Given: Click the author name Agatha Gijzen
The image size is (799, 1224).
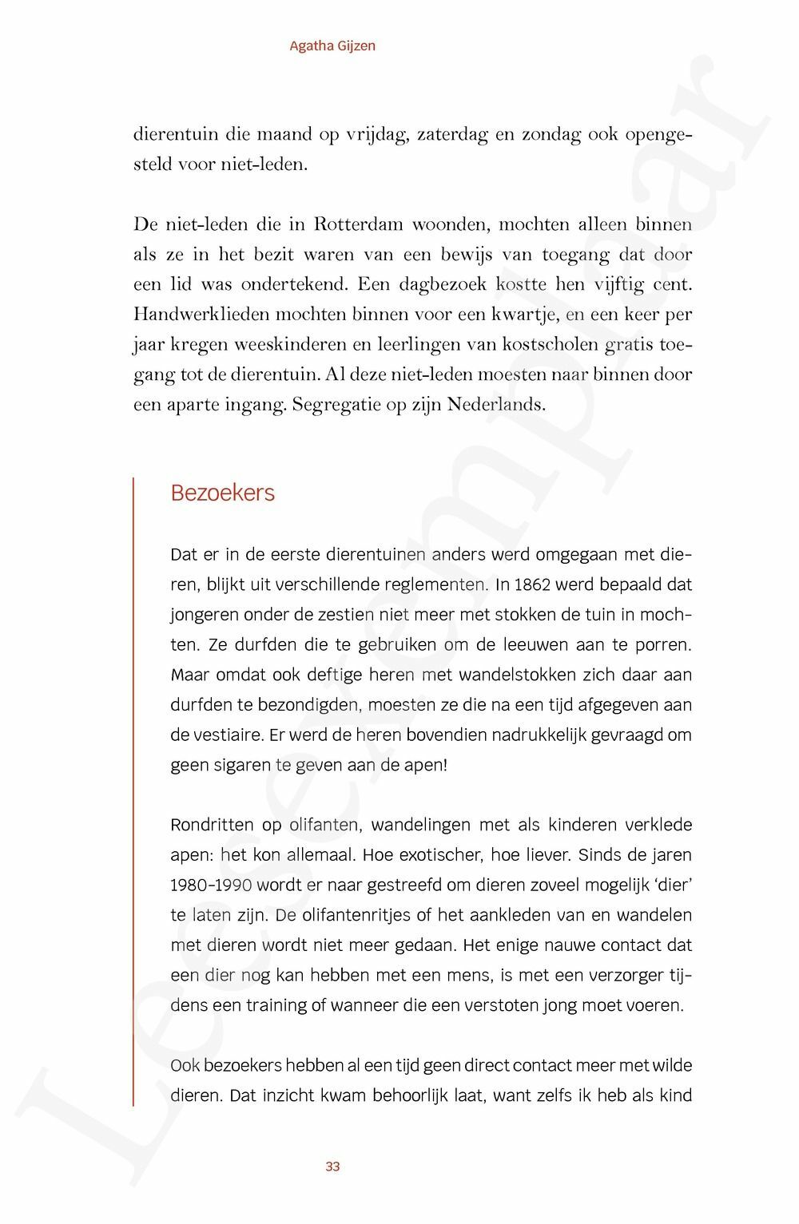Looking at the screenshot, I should [x=332, y=46].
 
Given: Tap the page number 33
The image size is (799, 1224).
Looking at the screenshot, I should [x=333, y=1167].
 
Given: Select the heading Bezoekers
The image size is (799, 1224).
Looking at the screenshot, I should [x=222, y=493].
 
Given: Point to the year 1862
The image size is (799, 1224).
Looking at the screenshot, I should [x=533, y=584].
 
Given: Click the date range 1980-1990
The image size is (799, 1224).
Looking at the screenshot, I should [x=211, y=885].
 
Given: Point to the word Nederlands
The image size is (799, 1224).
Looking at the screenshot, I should [x=495, y=404].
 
